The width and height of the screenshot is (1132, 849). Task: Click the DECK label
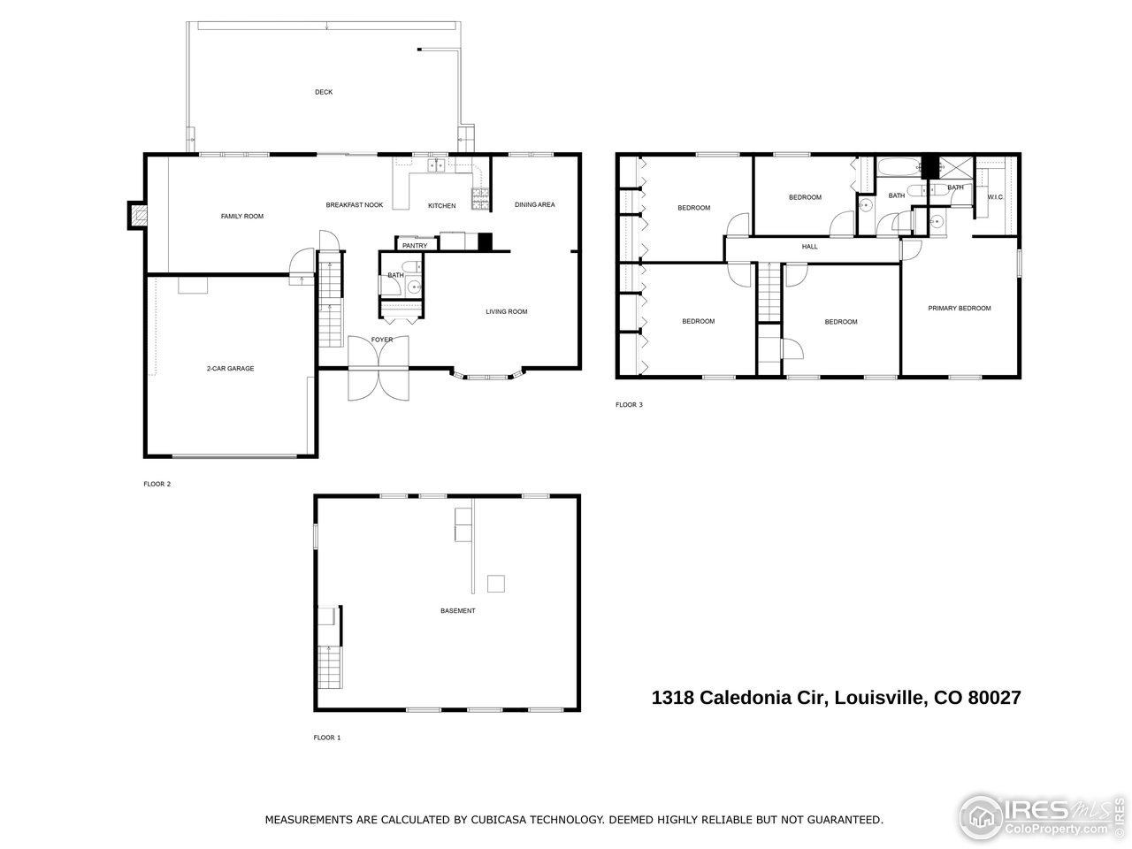point(324,92)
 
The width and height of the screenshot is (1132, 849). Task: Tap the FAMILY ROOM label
point(241,217)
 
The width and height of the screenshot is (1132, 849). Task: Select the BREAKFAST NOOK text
point(354,205)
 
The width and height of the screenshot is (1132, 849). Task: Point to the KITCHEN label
point(441,206)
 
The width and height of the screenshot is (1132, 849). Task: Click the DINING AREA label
point(534,205)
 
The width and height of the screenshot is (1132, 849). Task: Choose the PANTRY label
point(415,246)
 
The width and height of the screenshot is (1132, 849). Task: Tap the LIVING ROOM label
point(506,311)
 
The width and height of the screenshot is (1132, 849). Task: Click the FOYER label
point(381,340)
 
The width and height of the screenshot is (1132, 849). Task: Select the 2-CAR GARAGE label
point(230,368)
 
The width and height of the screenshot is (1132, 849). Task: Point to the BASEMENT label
point(457,611)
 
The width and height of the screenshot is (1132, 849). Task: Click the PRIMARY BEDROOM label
point(959,309)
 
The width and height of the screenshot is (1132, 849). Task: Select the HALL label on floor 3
point(809,247)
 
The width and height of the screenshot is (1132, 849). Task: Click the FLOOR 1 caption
point(326,737)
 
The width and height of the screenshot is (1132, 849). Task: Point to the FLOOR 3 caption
point(629,405)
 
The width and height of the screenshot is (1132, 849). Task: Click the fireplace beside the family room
point(137,215)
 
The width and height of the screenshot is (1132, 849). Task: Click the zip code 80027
point(994,698)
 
